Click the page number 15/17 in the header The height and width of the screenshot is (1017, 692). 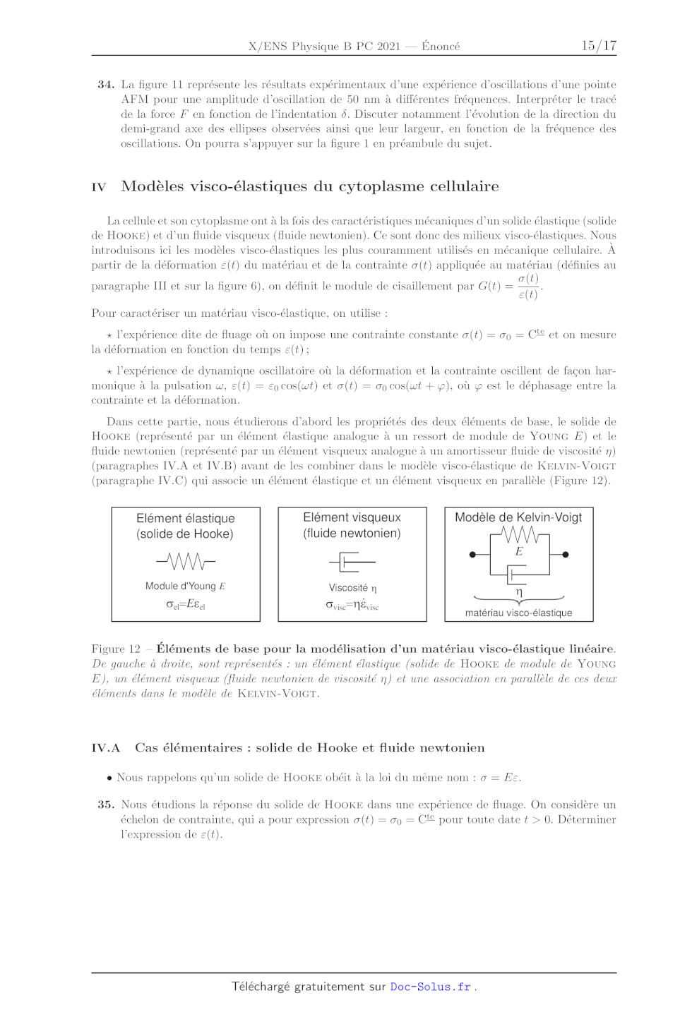pos(598,46)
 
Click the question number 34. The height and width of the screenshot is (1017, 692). pos(106,85)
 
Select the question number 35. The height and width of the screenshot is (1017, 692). pos(106,805)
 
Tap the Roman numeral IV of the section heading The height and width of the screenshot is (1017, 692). pos(99,187)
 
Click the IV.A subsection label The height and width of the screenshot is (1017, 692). pos(106,748)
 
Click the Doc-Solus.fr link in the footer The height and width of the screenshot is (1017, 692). pos(431,987)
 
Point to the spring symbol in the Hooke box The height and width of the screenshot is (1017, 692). pos(186,562)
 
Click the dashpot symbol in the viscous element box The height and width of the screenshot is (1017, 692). pos(352,562)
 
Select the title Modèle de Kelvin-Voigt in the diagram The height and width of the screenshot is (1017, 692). pos(518,517)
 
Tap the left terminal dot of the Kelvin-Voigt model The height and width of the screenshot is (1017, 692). pos(472,555)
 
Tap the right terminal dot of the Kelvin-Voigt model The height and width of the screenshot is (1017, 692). pos(566,555)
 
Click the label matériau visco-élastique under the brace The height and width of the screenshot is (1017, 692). pos(518,613)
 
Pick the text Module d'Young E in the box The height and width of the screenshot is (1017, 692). pos(185,586)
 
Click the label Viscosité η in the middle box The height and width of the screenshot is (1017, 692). pos(352,588)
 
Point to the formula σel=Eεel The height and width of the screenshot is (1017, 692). pos(185,604)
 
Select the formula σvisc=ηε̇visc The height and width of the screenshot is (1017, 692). pos(352,605)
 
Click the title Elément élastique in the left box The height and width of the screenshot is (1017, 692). pos(186,518)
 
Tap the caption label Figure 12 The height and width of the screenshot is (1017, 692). pos(116,649)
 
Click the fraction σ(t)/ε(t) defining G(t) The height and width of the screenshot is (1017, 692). pos(528,287)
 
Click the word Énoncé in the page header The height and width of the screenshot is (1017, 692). pos(441,47)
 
